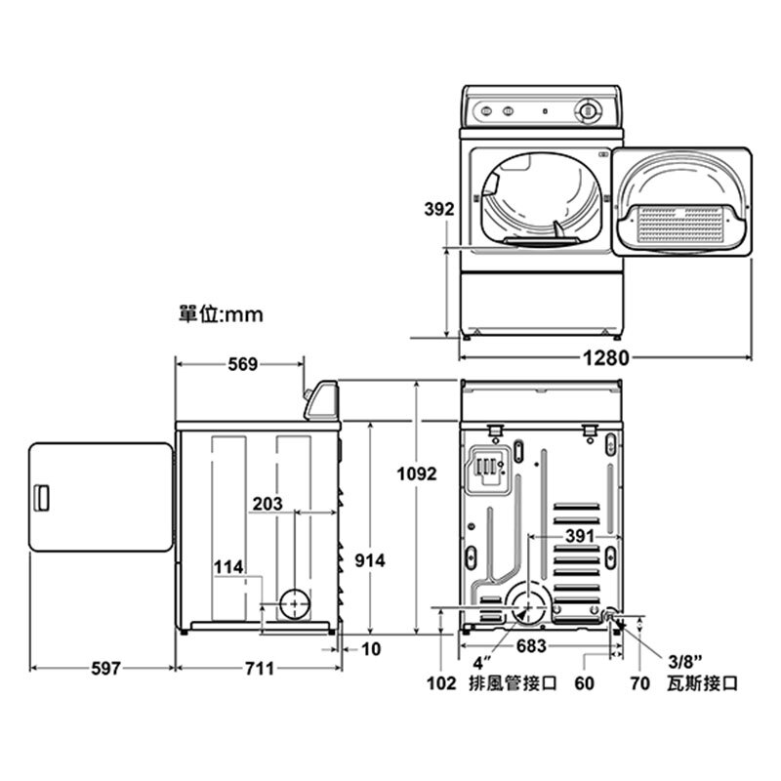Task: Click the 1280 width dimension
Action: (x=605, y=357)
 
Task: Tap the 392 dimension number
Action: (x=438, y=209)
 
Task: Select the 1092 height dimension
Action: (x=417, y=473)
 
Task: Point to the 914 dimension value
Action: (x=370, y=560)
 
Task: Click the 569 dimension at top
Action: (x=242, y=364)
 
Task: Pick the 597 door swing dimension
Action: (x=105, y=668)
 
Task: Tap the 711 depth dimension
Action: (x=260, y=668)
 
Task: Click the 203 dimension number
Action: (x=267, y=504)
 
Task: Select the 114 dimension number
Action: (x=228, y=567)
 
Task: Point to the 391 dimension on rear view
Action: (x=580, y=536)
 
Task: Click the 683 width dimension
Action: (x=531, y=645)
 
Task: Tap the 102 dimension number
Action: (x=441, y=683)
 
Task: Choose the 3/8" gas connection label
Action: (x=685, y=662)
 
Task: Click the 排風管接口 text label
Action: (x=513, y=682)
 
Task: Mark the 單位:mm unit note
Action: (x=221, y=314)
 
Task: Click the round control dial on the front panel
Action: (x=588, y=110)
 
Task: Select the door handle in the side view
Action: (x=41, y=498)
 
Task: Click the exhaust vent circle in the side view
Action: (x=295, y=603)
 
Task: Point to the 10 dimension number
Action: (x=371, y=648)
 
